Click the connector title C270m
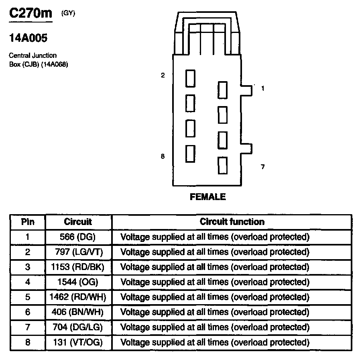(31, 13)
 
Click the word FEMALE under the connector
(208, 197)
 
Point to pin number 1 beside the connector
(263, 89)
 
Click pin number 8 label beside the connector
(163, 157)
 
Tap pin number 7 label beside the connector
(263, 167)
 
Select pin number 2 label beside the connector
(163, 75)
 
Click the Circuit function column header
(232, 222)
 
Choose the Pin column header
(28, 222)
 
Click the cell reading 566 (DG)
(78, 237)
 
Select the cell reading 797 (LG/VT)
(78, 252)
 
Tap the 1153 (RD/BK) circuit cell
(78, 267)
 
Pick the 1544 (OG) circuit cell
(78, 282)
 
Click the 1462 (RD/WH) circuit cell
(78, 297)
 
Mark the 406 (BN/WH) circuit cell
(78, 312)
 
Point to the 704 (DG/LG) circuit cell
(78, 327)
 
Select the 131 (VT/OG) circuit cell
(78, 342)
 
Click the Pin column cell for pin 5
(28, 297)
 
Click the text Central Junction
(33, 55)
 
